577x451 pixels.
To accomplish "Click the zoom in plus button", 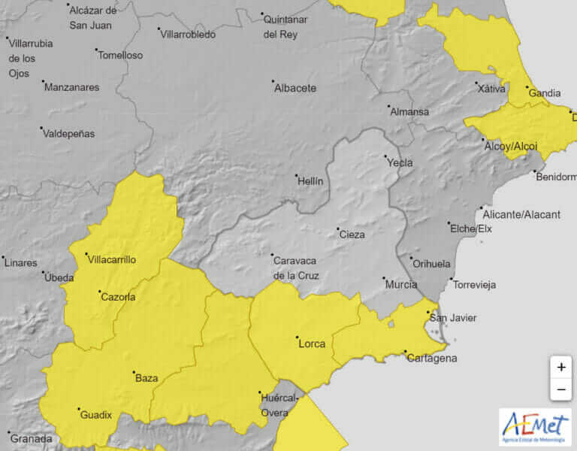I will point(560,368).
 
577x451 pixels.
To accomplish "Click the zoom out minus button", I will point(560,390).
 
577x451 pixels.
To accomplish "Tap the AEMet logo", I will point(535,427).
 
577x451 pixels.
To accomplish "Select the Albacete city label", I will point(295,88).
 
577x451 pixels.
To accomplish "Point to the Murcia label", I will point(401,285).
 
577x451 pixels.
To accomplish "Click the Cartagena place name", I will point(431,358).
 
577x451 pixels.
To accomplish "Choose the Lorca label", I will point(312,344).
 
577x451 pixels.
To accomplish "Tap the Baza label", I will point(146,378).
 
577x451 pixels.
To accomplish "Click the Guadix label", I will point(95,414).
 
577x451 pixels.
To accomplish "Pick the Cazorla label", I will point(118,297).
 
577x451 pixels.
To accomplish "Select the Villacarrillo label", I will point(112,259).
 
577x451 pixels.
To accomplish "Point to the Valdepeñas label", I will point(69,133).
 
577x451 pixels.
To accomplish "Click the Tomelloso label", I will point(120,55).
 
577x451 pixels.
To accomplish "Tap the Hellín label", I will point(310,181).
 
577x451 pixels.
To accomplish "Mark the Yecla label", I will point(399,162).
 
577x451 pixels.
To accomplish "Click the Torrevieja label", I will point(475,285).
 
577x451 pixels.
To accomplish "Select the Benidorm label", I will point(557,177).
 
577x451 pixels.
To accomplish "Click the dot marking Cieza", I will point(337,229).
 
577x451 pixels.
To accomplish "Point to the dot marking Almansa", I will point(388,107).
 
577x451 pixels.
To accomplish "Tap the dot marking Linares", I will point(4,257).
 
